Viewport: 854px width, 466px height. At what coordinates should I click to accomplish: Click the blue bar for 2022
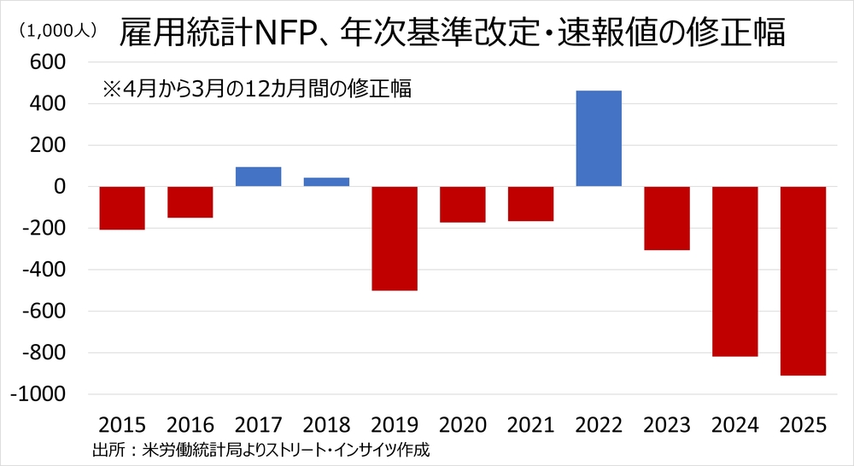click(x=599, y=138)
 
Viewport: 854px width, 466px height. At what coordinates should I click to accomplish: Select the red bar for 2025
click(x=803, y=280)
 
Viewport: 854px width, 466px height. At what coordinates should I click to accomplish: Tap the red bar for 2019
click(x=395, y=238)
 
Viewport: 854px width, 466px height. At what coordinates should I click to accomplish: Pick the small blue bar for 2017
click(x=259, y=177)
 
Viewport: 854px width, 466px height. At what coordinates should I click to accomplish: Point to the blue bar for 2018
click(x=326, y=182)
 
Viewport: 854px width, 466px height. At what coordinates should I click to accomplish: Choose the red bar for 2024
click(x=734, y=271)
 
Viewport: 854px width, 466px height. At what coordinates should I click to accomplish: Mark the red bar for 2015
click(x=122, y=207)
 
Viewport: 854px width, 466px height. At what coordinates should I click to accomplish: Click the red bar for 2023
click(x=667, y=218)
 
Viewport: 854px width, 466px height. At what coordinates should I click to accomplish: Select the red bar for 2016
click(x=190, y=201)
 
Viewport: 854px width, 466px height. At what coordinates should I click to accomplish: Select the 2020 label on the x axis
click(x=462, y=424)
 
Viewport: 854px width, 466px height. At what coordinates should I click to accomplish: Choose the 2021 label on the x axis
click(x=530, y=424)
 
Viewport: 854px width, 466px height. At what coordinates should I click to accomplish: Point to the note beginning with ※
click(x=256, y=88)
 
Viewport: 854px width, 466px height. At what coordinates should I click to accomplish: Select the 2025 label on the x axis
click(x=803, y=424)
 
